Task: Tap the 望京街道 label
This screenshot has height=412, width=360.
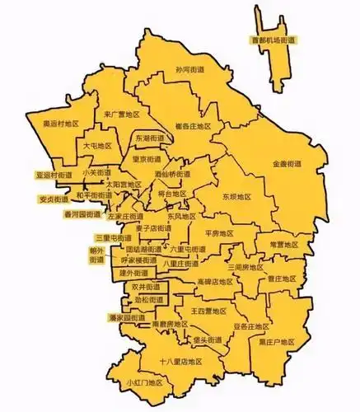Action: point(148,160)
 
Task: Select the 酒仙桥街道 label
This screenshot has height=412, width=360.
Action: point(172,176)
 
